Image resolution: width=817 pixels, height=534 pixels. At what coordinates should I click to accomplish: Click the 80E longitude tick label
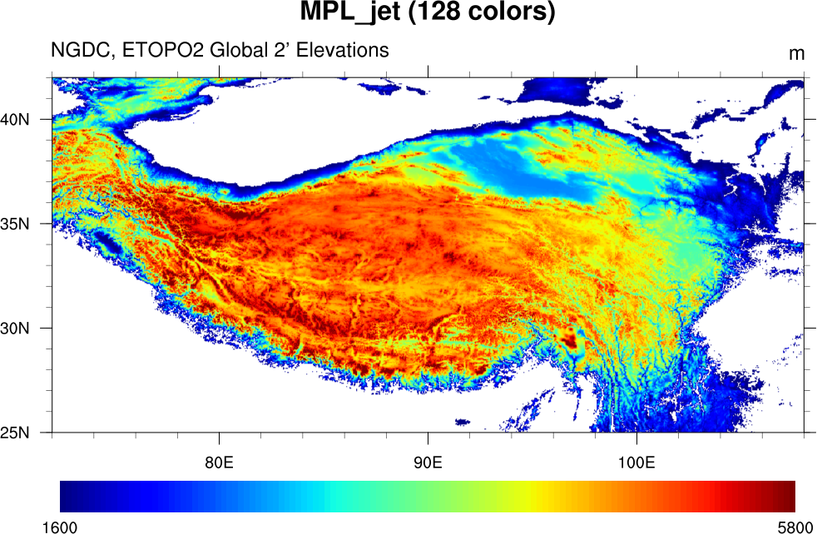pyautogui.click(x=219, y=462)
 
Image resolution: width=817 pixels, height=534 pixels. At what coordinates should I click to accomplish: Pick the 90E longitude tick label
pyautogui.click(x=428, y=462)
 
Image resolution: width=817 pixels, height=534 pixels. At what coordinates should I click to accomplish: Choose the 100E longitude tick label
pyautogui.click(x=636, y=462)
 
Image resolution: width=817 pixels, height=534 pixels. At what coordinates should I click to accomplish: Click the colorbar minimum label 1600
pyautogui.click(x=61, y=527)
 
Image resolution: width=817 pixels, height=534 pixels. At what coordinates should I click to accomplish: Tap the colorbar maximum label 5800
pyautogui.click(x=795, y=527)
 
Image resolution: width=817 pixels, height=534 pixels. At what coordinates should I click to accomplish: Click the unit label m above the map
pyautogui.click(x=796, y=54)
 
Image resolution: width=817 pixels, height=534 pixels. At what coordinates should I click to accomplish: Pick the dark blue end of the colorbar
pyautogui.click(x=68, y=496)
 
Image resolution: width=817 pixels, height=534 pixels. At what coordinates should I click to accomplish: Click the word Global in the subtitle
pyautogui.click(x=236, y=51)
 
